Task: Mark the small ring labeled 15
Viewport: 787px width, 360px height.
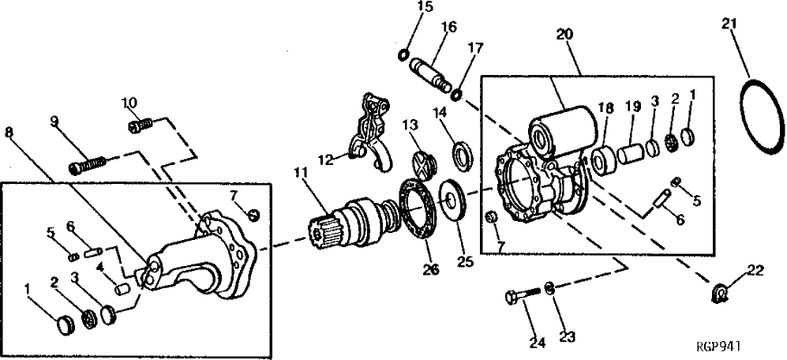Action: coord(403,54)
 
